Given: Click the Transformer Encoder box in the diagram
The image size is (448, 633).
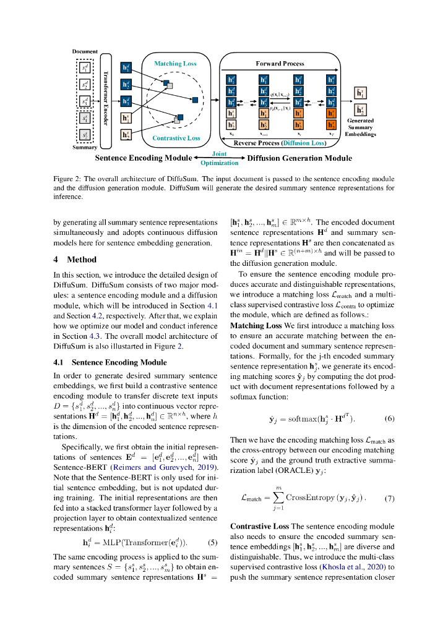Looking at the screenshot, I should pyautogui.click(x=105, y=100).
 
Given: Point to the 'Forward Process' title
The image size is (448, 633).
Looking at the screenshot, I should pyautogui.click(x=280, y=64).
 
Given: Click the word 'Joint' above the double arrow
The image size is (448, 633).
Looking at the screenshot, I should pyautogui.click(x=219, y=154).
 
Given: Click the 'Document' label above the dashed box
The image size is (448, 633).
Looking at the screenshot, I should pyautogui.click(x=85, y=51).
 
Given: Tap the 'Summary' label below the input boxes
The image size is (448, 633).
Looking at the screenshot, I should pyautogui.click(x=85, y=147).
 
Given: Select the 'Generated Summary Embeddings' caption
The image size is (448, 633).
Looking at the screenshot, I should pyautogui.click(x=360, y=127).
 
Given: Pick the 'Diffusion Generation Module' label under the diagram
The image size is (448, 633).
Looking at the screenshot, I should pyautogui.click(x=299, y=158).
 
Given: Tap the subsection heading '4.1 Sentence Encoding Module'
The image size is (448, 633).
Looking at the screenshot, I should pyautogui.click(x=110, y=362).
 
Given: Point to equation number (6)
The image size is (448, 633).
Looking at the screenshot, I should pyautogui.click(x=389, y=418).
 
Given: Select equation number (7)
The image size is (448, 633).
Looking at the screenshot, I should pyautogui.click(x=389, y=498).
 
